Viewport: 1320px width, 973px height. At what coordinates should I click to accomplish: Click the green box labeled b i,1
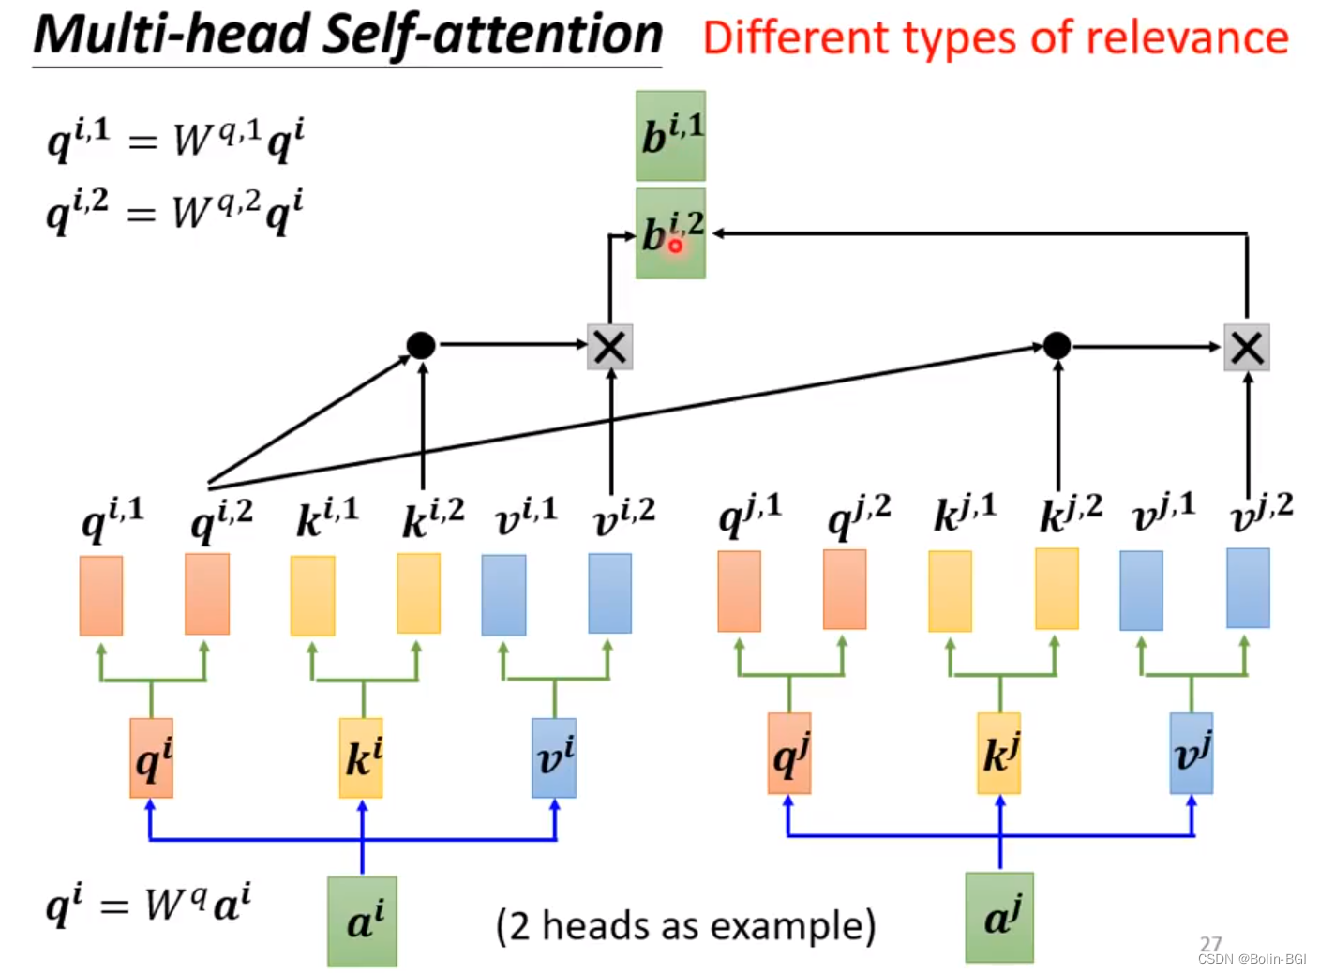(670, 136)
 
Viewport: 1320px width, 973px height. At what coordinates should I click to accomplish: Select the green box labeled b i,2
(670, 233)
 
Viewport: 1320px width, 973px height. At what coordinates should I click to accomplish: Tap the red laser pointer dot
(675, 246)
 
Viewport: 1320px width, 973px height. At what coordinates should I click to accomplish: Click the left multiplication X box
(609, 347)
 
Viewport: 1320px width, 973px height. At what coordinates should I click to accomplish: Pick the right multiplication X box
(1246, 348)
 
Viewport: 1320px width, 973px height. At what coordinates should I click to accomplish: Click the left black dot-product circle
(421, 345)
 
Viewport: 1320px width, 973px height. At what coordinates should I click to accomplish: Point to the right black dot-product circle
(1057, 345)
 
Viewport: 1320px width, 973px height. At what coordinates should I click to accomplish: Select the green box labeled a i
(362, 921)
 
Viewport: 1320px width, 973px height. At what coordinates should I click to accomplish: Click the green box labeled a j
(999, 918)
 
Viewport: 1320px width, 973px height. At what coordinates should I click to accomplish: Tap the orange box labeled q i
(151, 758)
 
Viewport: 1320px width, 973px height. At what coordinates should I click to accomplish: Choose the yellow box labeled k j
(998, 754)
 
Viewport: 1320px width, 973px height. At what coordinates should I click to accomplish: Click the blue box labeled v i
(554, 758)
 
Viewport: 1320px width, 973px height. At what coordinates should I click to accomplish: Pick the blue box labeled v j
(1191, 754)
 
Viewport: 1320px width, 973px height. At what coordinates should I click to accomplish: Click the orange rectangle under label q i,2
(207, 594)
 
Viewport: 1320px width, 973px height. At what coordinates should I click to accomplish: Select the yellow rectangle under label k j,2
(1057, 589)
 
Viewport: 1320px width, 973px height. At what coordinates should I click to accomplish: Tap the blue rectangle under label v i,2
(609, 593)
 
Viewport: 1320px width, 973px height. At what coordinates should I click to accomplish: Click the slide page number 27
(1210, 943)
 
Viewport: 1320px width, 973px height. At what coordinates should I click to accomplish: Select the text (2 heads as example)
(685, 926)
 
